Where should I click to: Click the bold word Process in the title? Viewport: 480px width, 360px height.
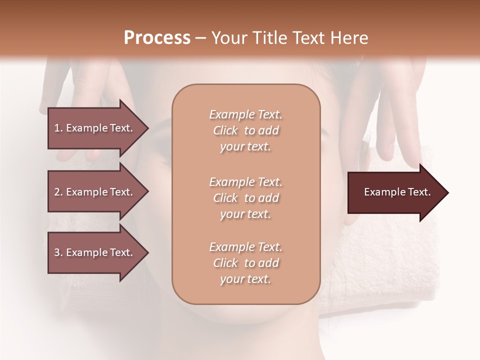pos(157,38)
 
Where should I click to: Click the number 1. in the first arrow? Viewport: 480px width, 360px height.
pos(58,128)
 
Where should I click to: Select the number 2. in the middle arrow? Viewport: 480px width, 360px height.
pos(58,192)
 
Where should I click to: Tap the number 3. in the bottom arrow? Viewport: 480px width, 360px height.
pos(58,252)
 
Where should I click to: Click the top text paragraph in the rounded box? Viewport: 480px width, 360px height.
pos(246,130)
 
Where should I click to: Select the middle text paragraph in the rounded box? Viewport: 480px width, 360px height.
pos(246,198)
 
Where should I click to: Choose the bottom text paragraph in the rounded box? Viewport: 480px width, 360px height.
pos(246,263)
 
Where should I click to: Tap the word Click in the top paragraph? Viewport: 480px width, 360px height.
pos(225,130)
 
